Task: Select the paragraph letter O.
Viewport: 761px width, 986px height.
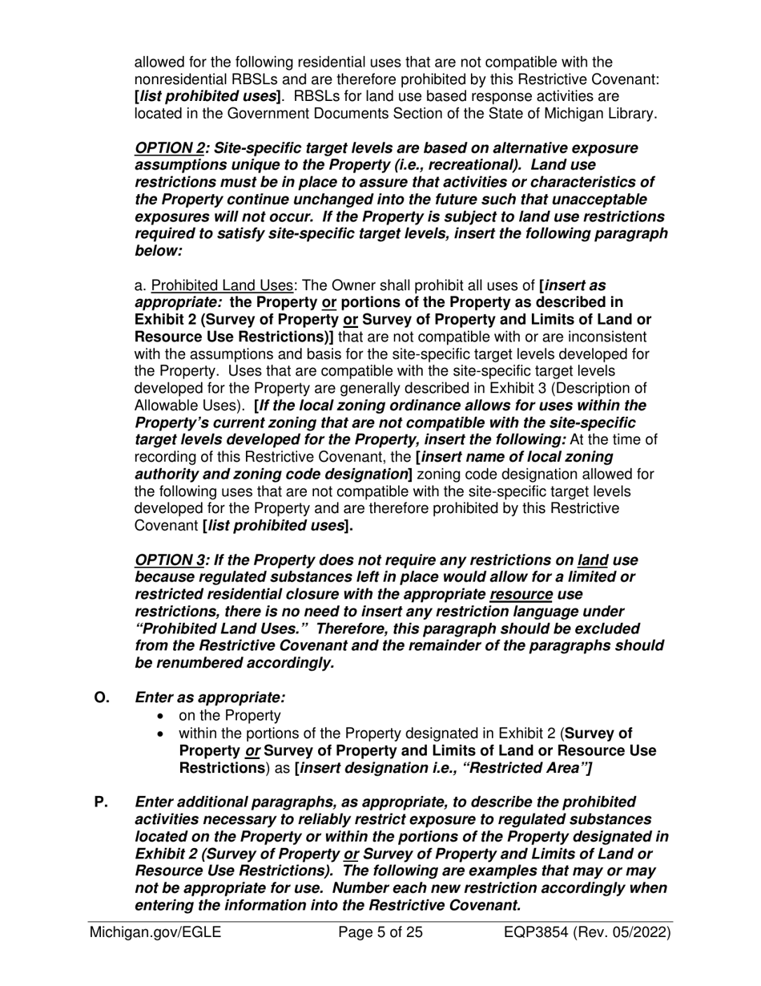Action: (103, 697)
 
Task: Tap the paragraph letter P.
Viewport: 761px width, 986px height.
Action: (102, 802)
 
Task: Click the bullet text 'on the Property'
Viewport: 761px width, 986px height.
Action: (229, 716)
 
